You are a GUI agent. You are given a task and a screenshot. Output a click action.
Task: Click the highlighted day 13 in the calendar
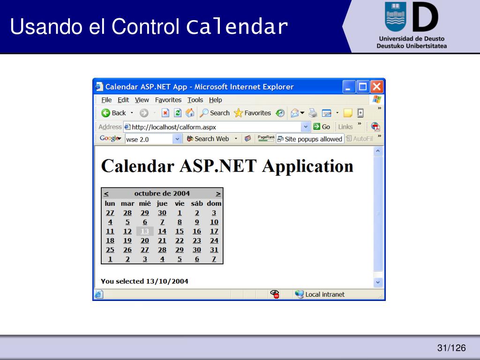coord(145,231)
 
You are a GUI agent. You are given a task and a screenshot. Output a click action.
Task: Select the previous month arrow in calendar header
coord(106,194)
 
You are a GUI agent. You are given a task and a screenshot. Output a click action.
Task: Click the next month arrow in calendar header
coord(218,194)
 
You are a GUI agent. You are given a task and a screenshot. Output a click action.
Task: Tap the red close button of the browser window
coord(376,87)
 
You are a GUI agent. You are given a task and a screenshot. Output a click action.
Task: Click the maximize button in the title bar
coord(363,87)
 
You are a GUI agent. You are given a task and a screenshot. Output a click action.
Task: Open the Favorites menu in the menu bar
coord(168,100)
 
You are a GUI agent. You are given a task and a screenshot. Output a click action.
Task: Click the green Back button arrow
coord(105,113)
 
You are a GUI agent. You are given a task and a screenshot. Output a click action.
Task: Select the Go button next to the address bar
coord(322,127)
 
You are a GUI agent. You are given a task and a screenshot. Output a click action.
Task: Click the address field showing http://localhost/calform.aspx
coord(214,127)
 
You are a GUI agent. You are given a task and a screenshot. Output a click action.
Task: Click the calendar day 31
coord(214,250)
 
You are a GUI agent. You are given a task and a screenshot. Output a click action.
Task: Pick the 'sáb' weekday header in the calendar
coord(197,203)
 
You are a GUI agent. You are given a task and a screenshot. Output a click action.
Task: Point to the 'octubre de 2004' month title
coord(162,194)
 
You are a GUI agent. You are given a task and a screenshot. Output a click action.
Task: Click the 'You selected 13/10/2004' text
coord(144,281)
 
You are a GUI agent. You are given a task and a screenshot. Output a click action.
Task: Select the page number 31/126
coord(451,348)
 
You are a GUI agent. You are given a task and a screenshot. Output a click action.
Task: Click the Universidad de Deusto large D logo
coord(425,17)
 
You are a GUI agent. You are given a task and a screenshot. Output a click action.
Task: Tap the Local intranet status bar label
coord(325,294)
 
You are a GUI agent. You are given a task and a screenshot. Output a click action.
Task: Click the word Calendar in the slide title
coord(237,26)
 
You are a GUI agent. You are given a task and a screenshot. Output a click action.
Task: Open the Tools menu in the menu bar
coord(195,100)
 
